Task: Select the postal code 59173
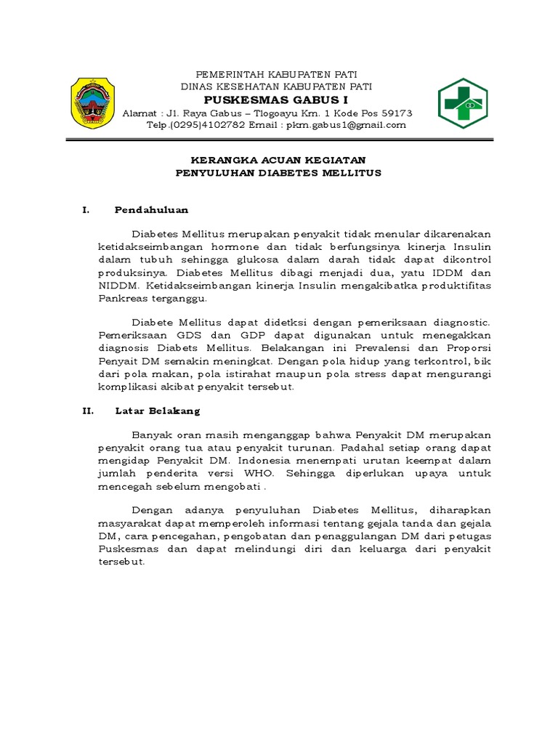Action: click(x=393, y=113)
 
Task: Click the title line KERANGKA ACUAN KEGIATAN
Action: click(x=278, y=160)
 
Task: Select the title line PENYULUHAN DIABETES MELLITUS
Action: click(x=278, y=173)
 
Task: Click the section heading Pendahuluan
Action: click(x=151, y=210)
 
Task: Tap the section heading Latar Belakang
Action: click(x=157, y=411)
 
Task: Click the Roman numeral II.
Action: click(x=87, y=411)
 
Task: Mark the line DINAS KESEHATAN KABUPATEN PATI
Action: click(x=276, y=86)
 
